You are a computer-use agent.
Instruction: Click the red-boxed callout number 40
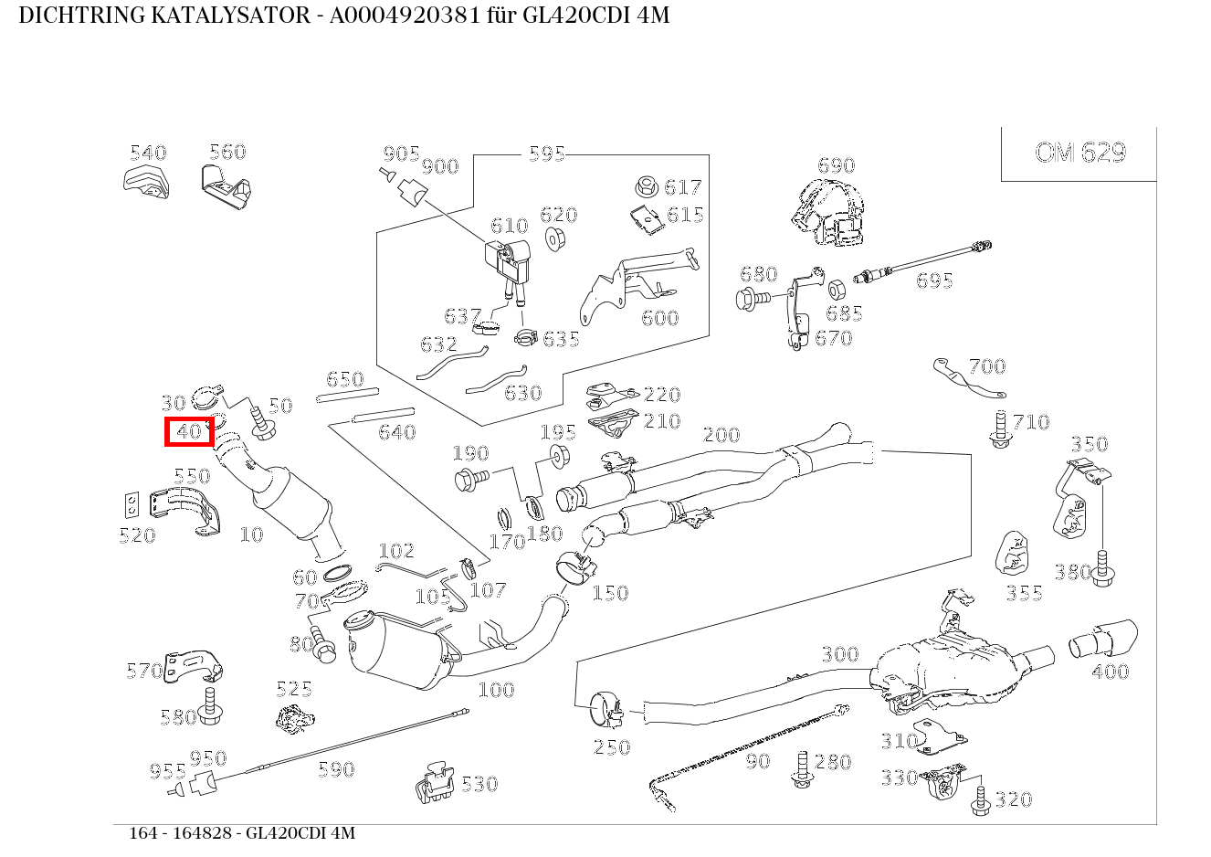[189, 432]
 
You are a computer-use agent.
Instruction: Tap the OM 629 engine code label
[1079, 153]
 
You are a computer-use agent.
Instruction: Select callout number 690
[836, 165]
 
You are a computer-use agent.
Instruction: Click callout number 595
[546, 153]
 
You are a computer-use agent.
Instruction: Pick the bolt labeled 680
[751, 298]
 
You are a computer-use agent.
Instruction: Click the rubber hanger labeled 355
[1011, 553]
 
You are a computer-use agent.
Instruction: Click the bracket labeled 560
[226, 185]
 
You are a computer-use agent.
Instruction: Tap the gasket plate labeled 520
[132, 504]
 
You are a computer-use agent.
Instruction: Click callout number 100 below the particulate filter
[496, 690]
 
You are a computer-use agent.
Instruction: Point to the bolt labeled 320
[980, 799]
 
